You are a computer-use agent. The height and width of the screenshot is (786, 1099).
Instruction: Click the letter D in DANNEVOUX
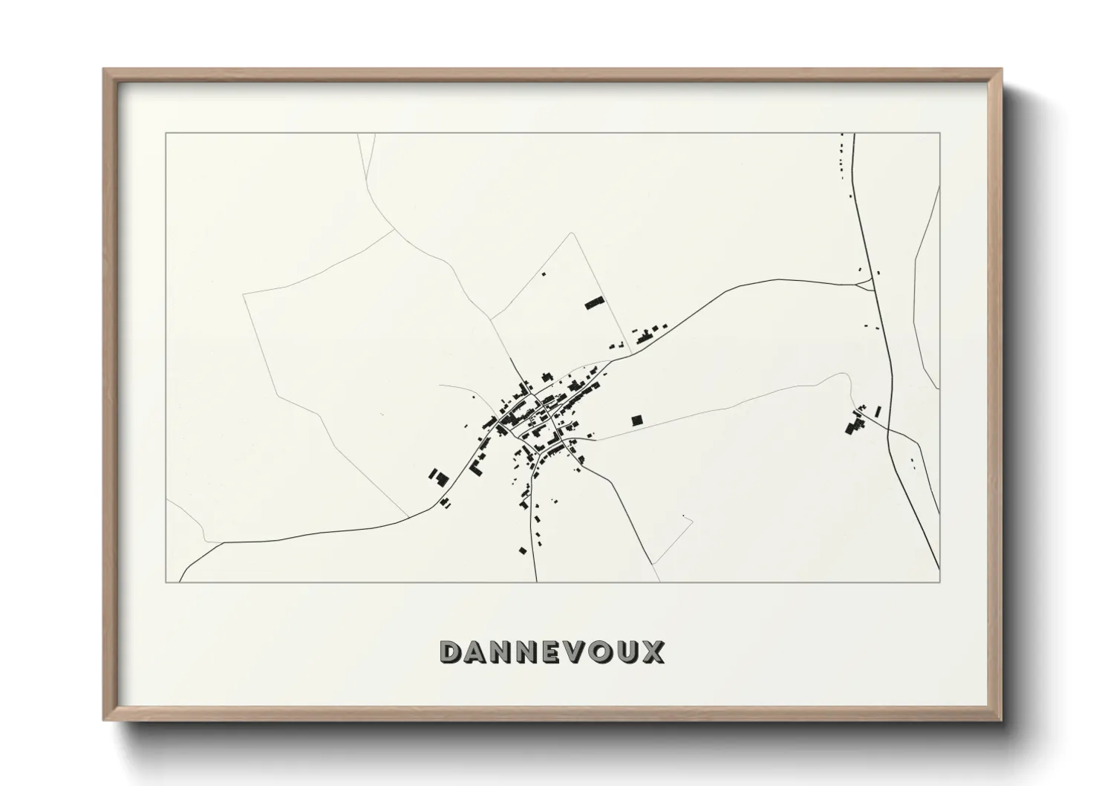pyautogui.click(x=452, y=652)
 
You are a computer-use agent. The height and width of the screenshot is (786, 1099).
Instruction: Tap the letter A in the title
pyautogui.click(x=478, y=652)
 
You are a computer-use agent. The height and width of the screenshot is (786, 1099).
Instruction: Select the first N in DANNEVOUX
pyautogui.click(x=506, y=652)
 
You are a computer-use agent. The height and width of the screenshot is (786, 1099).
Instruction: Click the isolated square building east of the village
pyautogui.click(x=636, y=420)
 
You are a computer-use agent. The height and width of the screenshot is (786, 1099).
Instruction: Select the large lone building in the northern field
pyautogui.click(x=594, y=302)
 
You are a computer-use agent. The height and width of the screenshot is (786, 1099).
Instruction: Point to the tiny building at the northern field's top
pyautogui.click(x=543, y=274)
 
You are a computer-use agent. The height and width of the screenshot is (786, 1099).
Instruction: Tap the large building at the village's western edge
pyautogui.click(x=441, y=477)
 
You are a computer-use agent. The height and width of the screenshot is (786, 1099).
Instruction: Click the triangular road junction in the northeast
pyautogui.click(x=866, y=283)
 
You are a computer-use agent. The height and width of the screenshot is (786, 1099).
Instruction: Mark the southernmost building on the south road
pyautogui.click(x=523, y=550)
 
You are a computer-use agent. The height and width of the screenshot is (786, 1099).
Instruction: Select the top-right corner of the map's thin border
pyautogui.click(x=940, y=133)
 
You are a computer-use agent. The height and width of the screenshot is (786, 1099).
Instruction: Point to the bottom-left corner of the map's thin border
pyautogui.click(x=166, y=582)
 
